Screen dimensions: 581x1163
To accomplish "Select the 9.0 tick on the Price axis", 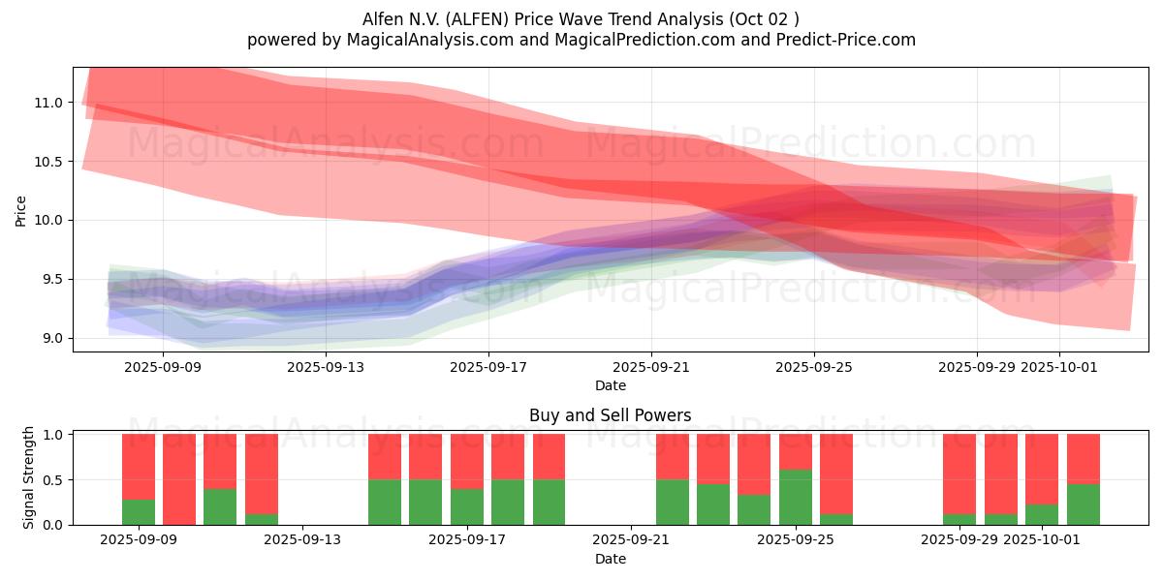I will pos(52,338).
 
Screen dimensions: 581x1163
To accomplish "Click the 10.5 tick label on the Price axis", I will pos(49,162).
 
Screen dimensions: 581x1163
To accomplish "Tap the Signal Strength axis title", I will pos(29,477).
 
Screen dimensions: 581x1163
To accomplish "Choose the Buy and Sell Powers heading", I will pos(610,415).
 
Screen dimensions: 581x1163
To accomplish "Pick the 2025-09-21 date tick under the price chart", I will pos(650,367).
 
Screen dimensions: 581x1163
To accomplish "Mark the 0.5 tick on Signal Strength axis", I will pos(52,479).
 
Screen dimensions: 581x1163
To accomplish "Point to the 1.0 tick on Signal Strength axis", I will pos(52,435).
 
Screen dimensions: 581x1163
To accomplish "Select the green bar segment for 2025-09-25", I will pos(796,497).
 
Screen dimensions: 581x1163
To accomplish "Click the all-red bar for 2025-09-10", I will pos(179,479).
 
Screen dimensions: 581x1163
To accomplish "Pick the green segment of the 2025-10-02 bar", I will pos(1084,505).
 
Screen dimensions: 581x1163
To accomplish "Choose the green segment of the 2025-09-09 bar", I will pos(139,512).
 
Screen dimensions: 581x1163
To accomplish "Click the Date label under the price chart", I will pos(610,385).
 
